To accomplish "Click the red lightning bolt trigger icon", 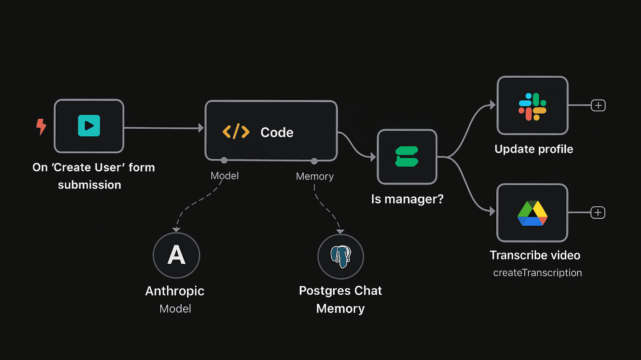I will pyautogui.click(x=41, y=126).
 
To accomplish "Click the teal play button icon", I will pyautogui.click(x=89, y=126).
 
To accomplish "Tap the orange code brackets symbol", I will pyautogui.click(x=236, y=132).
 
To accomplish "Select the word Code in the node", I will pyautogui.click(x=277, y=133).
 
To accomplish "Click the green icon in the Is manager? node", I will pyautogui.click(x=407, y=156).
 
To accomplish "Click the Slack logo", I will pyautogui.click(x=533, y=107).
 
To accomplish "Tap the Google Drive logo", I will pyautogui.click(x=533, y=214).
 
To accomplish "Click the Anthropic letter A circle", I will pyautogui.click(x=176, y=255).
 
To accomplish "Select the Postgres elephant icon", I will pyautogui.click(x=341, y=257).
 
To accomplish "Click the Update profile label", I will pyautogui.click(x=534, y=149).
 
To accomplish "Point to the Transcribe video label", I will pyautogui.click(x=535, y=255).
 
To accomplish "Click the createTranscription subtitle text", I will pyautogui.click(x=537, y=273).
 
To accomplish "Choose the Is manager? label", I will pyautogui.click(x=407, y=199).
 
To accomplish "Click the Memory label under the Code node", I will pyautogui.click(x=314, y=177).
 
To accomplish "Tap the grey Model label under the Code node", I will pyautogui.click(x=225, y=176).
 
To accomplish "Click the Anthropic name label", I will pyautogui.click(x=175, y=291).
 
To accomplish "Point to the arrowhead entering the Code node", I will pyautogui.click(x=201, y=128).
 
